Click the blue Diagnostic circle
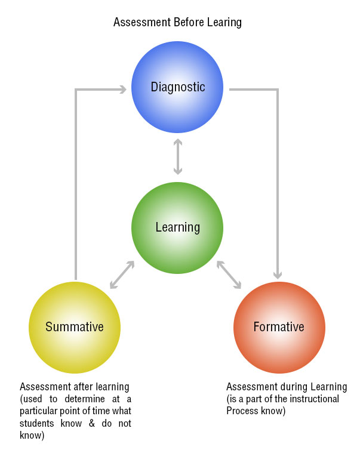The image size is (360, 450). coord(177,88)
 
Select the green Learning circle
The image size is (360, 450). coord(177,227)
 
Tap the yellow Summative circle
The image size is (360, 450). coord(75,327)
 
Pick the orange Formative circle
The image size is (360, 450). coord(279,327)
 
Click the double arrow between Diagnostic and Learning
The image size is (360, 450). coord(177,156)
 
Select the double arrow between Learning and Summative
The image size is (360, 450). coord(122,274)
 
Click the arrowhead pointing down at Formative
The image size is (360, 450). coord(278,275)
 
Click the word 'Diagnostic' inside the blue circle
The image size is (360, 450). coord(177,88)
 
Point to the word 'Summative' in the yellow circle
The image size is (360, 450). coord(75,327)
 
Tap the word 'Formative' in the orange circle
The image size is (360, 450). coord(279,327)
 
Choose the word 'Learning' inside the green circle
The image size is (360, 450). coord(177,227)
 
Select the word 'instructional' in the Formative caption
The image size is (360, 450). coord(314,399)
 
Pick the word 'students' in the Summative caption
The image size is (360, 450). coord(36,423)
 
